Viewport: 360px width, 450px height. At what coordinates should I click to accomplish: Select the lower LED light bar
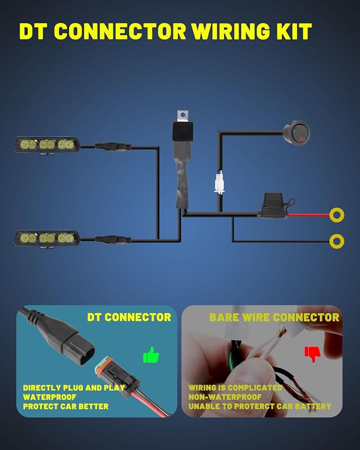(47, 238)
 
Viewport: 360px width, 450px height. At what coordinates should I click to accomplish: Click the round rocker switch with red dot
(297, 133)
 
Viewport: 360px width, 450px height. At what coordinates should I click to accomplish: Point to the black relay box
(182, 131)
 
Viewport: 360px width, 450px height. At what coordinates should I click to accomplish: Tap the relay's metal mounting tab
(182, 116)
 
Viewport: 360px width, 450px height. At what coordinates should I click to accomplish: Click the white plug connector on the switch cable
(219, 182)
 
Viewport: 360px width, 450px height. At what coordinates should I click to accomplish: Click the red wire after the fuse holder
(309, 215)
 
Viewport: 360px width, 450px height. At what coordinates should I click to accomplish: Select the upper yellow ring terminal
(337, 215)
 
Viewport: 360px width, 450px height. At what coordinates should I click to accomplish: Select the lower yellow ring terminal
(337, 241)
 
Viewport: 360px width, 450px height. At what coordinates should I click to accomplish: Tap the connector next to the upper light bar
(113, 147)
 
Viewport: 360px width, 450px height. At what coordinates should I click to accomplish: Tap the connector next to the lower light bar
(113, 239)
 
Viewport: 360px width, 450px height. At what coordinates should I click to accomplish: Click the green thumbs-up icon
(151, 355)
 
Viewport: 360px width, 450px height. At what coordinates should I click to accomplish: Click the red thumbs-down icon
(312, 354)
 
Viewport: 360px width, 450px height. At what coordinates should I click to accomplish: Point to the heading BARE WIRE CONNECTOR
(274, 317)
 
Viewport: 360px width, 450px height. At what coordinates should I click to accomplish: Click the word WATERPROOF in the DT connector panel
(50, 397)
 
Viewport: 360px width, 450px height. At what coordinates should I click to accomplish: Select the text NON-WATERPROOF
(225, 397)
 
